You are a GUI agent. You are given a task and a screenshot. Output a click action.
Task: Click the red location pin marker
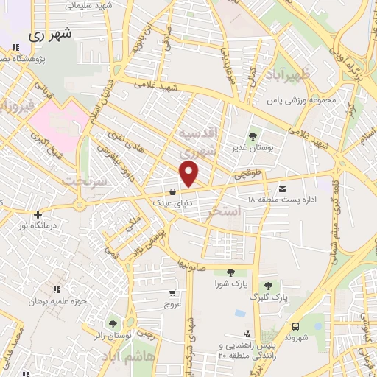click(x=190, y=174)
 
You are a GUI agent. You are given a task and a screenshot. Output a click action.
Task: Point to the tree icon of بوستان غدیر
click(x=253, y=136)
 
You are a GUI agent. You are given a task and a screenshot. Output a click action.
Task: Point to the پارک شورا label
click(x=230, y=284)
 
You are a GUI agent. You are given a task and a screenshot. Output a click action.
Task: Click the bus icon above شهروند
click(x=295, y=326)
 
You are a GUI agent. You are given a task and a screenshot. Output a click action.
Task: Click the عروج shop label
click(x=172, y=304)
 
